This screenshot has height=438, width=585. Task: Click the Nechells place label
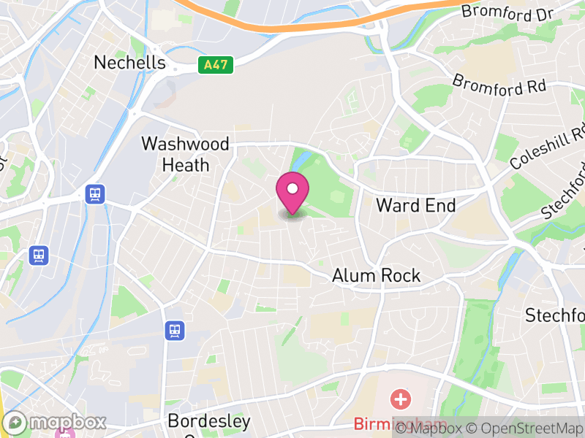(129, 63)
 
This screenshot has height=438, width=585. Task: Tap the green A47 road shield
(216, 65)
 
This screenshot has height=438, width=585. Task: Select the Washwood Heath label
(185, 154)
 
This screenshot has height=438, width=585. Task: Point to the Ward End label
(415, 205)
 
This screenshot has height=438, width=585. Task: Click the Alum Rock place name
(376, 275)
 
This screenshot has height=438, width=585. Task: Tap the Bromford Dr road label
(504, 11)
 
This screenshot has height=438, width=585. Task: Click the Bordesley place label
(208, 421)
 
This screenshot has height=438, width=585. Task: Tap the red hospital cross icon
(401, 399)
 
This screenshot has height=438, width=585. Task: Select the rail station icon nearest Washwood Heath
(95, 194)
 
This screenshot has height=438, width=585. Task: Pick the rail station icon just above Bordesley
(175, 331)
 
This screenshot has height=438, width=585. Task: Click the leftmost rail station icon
(39, 255)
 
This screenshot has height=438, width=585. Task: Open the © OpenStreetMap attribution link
(528, 429)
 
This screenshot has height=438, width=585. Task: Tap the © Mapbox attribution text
(436, 429)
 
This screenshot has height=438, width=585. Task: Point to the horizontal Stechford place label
(555, 315)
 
